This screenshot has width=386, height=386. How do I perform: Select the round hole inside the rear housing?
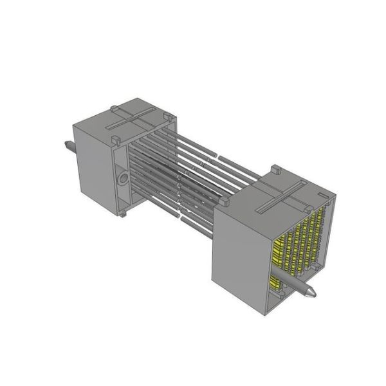pyautogui.click(x=120, y=177)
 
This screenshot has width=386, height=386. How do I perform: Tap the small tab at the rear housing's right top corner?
pyautogui.click(x=168, y=116)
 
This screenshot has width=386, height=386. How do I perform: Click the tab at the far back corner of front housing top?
pyautogui.click(x=273, y=170)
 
